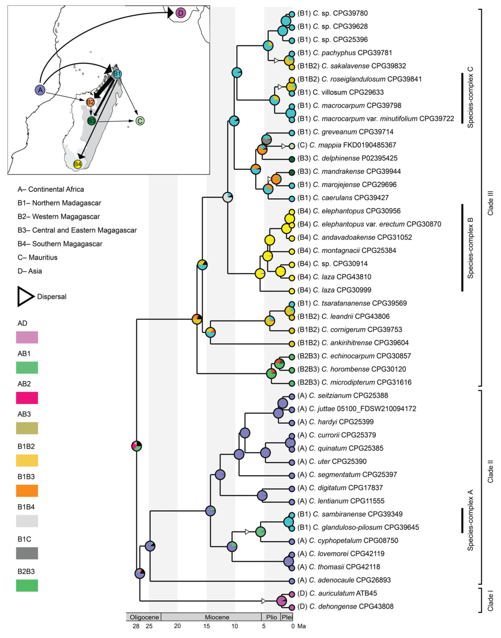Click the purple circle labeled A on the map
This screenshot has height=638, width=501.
[40, 90]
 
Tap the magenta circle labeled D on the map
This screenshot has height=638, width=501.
[181, 13]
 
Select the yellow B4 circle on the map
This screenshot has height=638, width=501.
[77, 164]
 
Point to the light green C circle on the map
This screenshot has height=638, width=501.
[140, 121]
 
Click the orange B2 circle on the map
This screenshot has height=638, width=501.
[90, 102]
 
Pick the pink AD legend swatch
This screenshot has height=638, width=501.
[27, 337]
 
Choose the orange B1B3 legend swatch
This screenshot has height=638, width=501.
[27, 491]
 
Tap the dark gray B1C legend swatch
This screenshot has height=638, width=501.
[27, 553]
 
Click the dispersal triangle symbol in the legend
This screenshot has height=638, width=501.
[25, 297]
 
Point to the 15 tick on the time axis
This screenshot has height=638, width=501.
[206, 626]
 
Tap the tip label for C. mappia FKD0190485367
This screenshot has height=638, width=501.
[347, 145]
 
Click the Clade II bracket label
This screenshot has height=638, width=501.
[490, 471]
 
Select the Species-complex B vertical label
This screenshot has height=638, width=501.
[471, 248]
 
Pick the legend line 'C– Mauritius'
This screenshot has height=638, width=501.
[37, 258]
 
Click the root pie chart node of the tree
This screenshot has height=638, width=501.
[137, 446]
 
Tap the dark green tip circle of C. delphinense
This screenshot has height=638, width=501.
[292, 159]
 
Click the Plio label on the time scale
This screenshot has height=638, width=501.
[272, 617]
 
